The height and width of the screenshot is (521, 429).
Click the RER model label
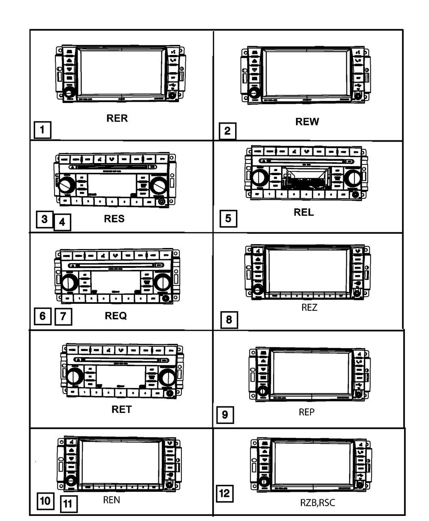[117, 118]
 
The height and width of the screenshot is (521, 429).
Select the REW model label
[307, 122]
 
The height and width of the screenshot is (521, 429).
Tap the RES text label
[114, 218]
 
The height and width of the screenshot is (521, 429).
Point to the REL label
[304, 212]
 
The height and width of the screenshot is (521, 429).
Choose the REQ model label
[116, 315]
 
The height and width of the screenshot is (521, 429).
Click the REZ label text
[309, 307]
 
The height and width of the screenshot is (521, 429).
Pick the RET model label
[121, 409]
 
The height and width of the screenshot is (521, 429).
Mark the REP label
[307, 412]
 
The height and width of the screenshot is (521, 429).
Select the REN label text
[112, 500]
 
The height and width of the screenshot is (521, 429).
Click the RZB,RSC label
[317, 503]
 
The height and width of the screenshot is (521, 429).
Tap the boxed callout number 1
[42, 130]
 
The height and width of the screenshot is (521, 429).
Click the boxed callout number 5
[228, 218]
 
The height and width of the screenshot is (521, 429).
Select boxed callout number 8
[229, 320]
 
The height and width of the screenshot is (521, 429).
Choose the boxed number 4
[62, 222]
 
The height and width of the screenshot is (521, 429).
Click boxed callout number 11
[69, 504]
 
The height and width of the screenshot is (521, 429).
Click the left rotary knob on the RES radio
[66, 185]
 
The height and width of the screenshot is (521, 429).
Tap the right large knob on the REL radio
[353, 178]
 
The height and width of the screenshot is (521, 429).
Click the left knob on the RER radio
[69, 93]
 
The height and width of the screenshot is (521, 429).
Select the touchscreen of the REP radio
[311, 373]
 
